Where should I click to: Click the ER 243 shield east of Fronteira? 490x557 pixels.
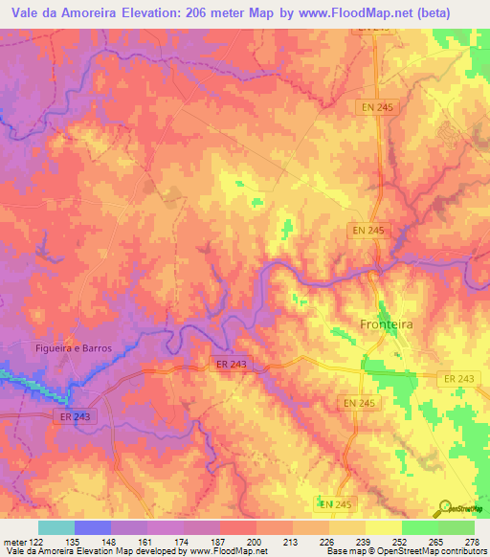[459, 380]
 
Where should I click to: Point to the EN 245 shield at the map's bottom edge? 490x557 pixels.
[335, 503]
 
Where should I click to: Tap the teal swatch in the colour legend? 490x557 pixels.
[56, 527]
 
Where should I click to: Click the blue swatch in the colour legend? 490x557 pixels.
[92, 527]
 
